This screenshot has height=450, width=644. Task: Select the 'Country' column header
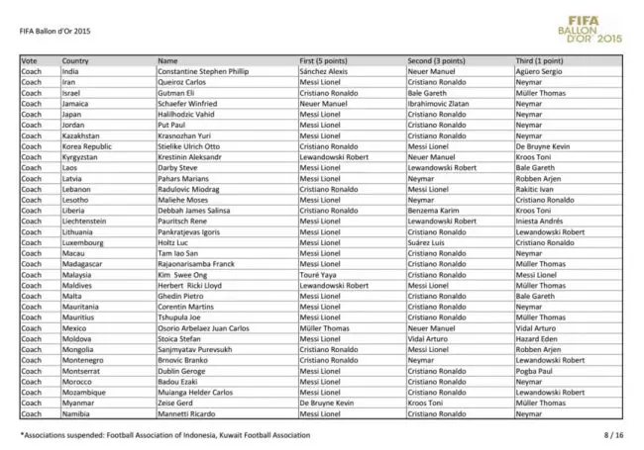75,61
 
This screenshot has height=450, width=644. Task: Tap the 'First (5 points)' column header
330,61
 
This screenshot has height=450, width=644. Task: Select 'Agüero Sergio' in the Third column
539,71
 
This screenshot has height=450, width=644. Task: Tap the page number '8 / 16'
613,434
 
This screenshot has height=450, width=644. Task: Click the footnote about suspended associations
164,434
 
